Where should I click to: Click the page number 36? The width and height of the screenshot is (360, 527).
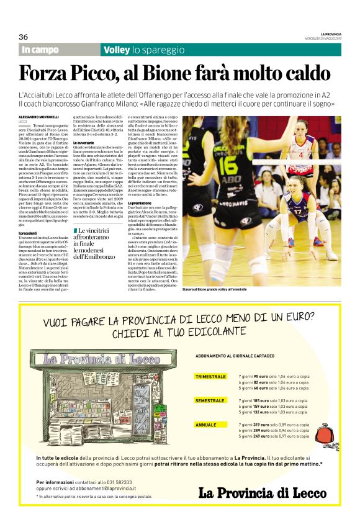click(24, 37)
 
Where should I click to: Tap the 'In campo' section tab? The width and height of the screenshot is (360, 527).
click(40, 50)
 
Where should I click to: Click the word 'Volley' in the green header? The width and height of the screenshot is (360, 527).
click(116, 50)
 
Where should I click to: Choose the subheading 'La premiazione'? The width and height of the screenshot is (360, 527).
click(142, 203)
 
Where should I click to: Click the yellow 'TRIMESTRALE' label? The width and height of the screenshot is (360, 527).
click(210, 377)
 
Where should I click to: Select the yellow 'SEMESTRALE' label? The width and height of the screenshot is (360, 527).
click(210, 400)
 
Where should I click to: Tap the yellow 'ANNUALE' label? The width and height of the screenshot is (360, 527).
click(206, 425)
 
